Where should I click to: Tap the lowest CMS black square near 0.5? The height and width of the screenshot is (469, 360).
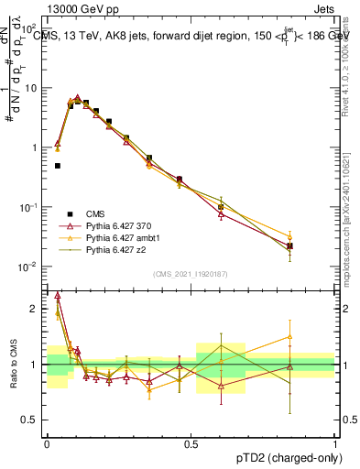pyautogui.click(x=58, y=166)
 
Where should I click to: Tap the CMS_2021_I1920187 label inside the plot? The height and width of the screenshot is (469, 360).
pyautogui.click(x=190, y=274)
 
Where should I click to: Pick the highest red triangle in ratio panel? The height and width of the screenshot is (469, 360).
pyautogui.click(x=59, y=295)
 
